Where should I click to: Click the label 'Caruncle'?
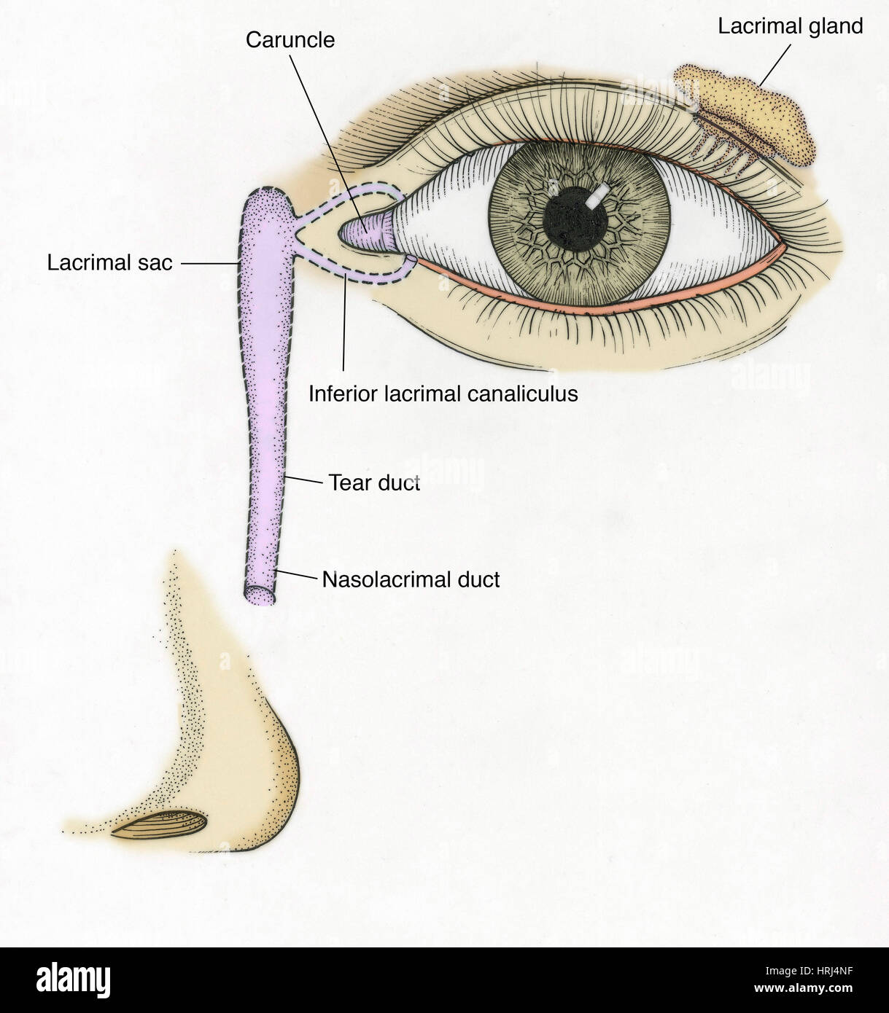290,40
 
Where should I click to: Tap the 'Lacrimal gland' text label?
791,26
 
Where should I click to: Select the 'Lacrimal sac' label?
109,262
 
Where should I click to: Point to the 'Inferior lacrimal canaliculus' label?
443,394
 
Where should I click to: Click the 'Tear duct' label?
373,482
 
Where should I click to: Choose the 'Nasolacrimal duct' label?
411,579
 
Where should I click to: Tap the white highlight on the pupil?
597,195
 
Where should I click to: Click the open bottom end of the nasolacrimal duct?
260,595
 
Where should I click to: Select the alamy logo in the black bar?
73,981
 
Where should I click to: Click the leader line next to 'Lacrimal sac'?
211,263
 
